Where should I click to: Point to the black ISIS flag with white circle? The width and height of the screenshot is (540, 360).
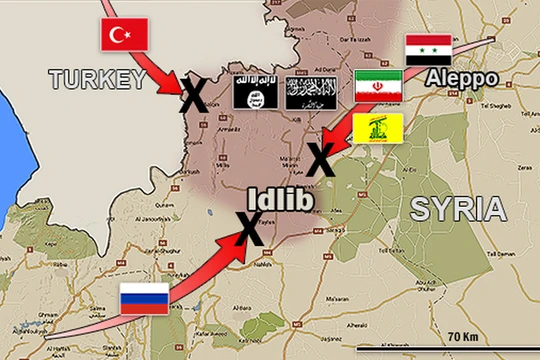coord(253,90)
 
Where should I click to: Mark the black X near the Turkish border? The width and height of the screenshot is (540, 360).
coord(193,96)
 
